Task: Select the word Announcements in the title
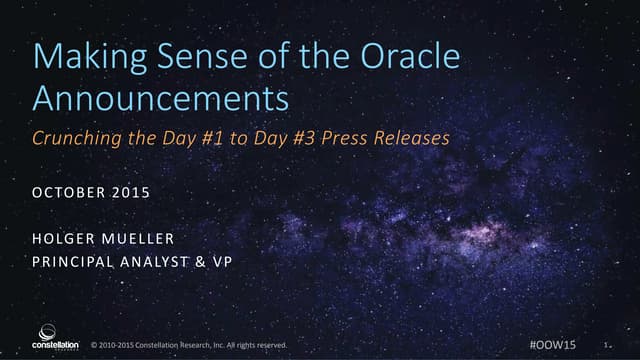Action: point(161,98)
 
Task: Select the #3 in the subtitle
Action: point(315,139)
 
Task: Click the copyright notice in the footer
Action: point(188,345)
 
